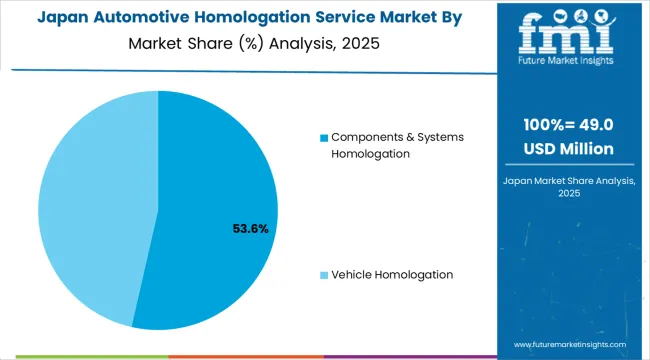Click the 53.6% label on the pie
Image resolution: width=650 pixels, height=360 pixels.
pyautogui.click(x=249, y=229)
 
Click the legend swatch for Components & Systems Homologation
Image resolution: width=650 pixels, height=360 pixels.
pyautogui.click(x=323, y=137)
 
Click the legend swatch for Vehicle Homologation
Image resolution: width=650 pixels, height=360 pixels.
pyautogui.click(x=323, y=275)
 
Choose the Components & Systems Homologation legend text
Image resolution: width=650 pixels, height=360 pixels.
pyautogui.click(x=397, y=145)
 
